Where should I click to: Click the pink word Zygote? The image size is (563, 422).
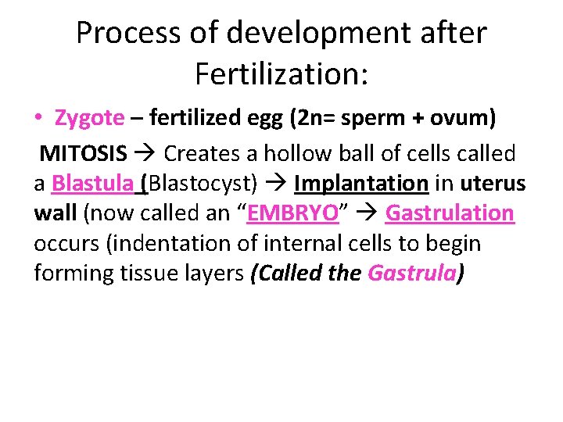point(89,118)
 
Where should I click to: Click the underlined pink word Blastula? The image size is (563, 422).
point(92,183)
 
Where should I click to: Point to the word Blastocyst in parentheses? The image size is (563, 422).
point(202,183)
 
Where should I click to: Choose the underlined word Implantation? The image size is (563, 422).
point(361,183)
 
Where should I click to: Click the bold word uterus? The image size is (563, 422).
point(493,183)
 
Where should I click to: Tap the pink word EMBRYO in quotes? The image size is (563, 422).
point(292,213)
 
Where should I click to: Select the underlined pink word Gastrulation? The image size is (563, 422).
point(450,213)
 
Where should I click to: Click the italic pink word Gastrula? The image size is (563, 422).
point(411,274)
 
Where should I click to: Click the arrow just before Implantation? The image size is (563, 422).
point(277,184)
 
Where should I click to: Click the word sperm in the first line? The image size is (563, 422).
point(373,118)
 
